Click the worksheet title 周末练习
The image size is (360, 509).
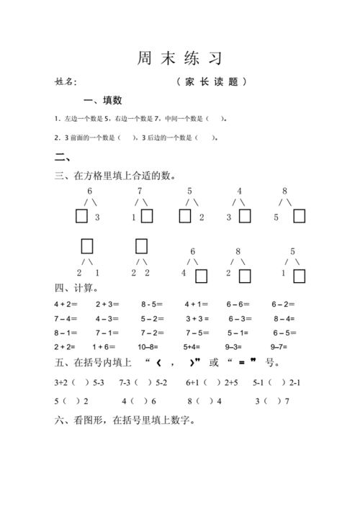point(179,57)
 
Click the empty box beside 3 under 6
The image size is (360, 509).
point(81,216)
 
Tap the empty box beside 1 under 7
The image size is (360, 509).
point(147,216)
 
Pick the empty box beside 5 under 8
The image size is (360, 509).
point(299,216)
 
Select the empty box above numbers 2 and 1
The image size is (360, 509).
point(88,246)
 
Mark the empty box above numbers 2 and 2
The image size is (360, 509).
point(141,246)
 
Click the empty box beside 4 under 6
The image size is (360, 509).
point(202,275)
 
